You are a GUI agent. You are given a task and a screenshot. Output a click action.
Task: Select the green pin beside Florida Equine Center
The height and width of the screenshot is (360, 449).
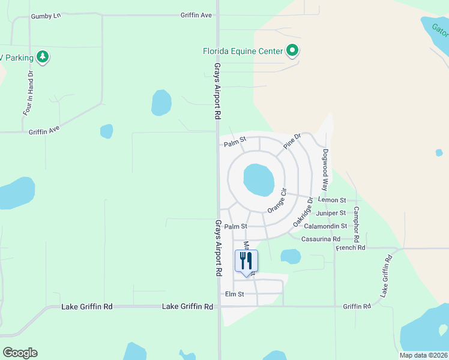[292, 51]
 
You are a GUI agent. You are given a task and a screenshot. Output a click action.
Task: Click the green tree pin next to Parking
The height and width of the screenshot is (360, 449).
[42, 57]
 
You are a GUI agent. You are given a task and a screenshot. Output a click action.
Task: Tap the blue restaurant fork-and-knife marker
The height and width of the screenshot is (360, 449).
[246, 262]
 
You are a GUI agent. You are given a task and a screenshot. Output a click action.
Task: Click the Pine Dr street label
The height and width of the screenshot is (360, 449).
[292, 142]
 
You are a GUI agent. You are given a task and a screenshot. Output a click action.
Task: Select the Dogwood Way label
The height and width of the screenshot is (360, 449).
[325, 170]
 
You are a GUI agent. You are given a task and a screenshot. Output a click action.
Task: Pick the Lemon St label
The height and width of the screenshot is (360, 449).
[333, 200]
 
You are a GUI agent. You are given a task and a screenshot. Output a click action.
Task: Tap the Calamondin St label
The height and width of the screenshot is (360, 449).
[325, 226]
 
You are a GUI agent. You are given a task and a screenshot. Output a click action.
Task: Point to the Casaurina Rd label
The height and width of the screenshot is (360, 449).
[321, 239]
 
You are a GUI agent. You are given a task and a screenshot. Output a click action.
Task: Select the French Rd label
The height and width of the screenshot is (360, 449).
[351, 248]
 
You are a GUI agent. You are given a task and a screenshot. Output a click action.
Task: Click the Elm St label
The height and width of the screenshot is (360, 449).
[234, 295]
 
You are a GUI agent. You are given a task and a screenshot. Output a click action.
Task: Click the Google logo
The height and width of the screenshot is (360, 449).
[20, 353]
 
